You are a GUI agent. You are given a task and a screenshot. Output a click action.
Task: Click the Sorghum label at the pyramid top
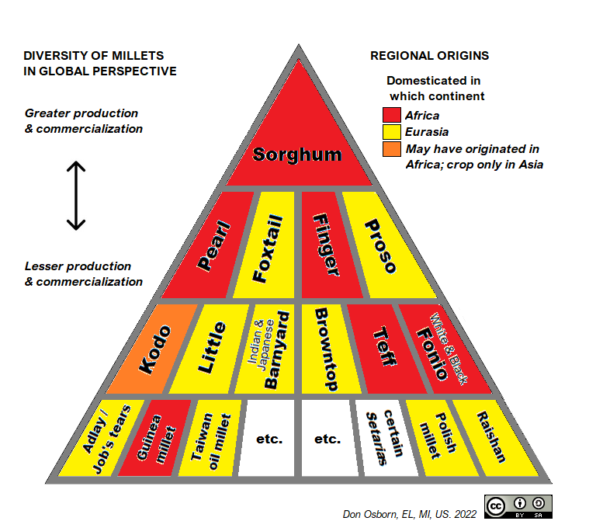point(297,154)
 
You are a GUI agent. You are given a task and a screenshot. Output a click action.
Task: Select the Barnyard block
point(269,349)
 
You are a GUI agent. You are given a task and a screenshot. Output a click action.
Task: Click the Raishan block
point(490,439)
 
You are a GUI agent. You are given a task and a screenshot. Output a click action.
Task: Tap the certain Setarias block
point(380,439)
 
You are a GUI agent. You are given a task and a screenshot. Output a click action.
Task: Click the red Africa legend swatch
point(391,116)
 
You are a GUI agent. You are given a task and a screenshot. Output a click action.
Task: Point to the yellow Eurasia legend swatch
point(391,132)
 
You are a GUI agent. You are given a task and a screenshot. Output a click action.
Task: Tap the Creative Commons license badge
point(518,505)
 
